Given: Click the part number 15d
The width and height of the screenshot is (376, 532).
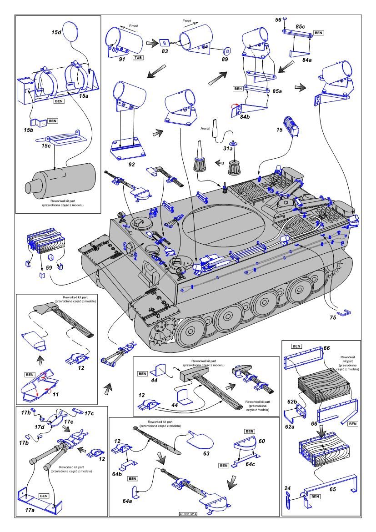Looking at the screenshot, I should (56, 33).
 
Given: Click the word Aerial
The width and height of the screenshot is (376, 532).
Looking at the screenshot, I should (207, 129).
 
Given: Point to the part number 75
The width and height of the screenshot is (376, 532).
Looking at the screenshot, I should (333, 317).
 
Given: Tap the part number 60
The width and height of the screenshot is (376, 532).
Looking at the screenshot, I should (261, 441).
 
